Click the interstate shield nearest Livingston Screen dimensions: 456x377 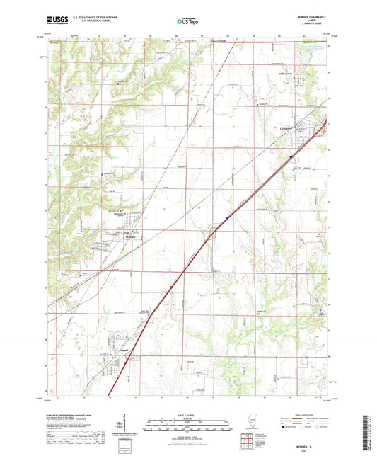(x=291, y=157)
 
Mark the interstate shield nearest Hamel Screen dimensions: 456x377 (x=125, y=363)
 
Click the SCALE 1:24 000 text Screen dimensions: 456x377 (x=187, y=414)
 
